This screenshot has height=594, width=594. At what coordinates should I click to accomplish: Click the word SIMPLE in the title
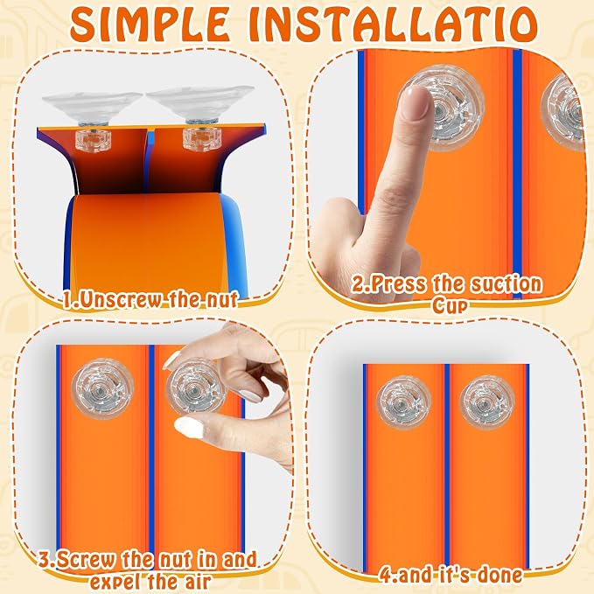click(150, 24)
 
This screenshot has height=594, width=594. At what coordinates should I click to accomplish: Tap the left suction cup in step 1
click(92, 104)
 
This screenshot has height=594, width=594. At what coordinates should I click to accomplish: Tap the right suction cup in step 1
click(200, 101)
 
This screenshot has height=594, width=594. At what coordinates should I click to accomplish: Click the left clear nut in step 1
click(93, 140)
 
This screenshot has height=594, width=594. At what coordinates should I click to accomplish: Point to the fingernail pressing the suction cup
click(416, 102)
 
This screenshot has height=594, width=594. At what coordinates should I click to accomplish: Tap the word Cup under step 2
click(450, 305)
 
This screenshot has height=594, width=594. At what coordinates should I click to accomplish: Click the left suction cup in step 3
click(102, 388)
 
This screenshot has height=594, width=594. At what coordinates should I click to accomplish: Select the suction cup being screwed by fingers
click(196, 388)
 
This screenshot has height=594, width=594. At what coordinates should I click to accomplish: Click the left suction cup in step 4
click(404, 402)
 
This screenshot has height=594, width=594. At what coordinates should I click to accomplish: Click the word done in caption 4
click(500, 575)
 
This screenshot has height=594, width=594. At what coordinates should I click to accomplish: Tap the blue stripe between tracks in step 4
click(447, 466)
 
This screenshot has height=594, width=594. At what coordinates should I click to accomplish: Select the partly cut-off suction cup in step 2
click(564, 112)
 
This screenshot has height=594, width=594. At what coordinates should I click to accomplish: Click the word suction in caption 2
click(507, 283)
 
